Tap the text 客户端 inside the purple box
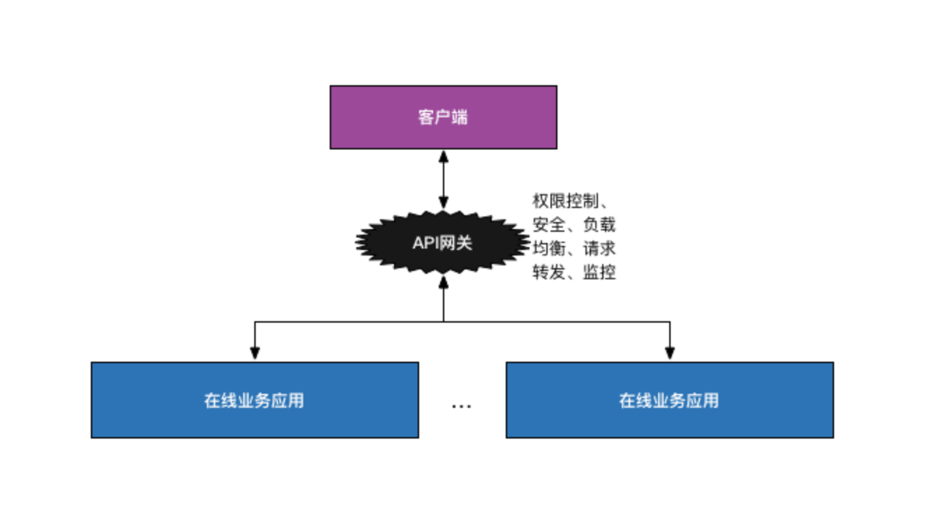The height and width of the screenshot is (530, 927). (443, 117)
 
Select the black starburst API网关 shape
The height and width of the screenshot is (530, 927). (391, 242)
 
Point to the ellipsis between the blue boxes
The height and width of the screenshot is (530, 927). (461, 406)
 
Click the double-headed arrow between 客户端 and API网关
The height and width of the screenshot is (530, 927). (443, 180)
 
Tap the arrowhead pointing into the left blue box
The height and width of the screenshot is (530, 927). (255, 353)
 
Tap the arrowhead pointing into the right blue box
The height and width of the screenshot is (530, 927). (670, 353)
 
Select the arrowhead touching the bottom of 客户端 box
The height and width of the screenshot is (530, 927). (443, 156)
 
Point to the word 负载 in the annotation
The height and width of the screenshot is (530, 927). (599, 225)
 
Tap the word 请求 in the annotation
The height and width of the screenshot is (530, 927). (599, 249)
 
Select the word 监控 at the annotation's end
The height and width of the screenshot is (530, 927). (599, 272)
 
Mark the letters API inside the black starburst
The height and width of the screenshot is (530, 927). (425, 243)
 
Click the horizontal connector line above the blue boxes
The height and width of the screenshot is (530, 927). (559, 322)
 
